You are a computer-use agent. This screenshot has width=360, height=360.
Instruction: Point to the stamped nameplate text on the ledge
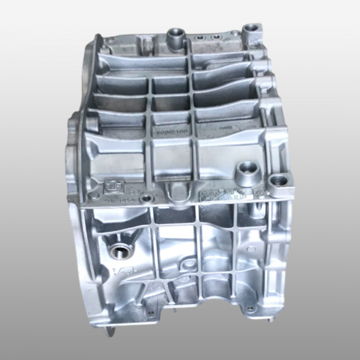tap(225, 191)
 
